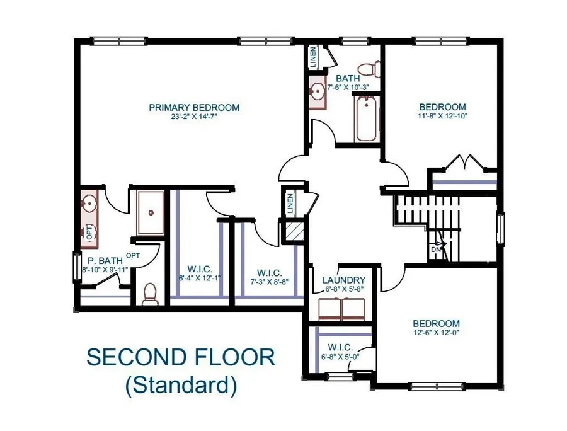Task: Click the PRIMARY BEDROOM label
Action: (194, 107)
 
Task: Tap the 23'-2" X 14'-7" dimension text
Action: (194, 117)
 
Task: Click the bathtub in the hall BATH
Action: (366, 118)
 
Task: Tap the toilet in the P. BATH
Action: (150, 294)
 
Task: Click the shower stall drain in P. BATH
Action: (151, 214)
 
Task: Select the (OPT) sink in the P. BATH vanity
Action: (88, 233)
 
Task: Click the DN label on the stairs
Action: (436, 250)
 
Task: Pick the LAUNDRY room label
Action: (344, 280)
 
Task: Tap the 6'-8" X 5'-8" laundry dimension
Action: (344, 289)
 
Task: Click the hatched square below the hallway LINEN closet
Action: (295, 232)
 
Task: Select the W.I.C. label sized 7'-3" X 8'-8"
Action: (270, 273)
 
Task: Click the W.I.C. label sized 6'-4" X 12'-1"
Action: (200, 270)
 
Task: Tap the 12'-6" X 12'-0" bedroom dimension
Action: (437, 332)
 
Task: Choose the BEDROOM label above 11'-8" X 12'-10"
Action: (443, 107)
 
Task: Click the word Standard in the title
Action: (181, 385)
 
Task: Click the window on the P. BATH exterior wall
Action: (77, 267)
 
